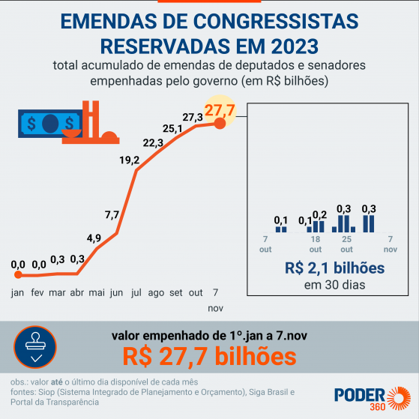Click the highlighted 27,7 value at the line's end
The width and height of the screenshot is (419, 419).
pyautogui.click(x=220, y=111)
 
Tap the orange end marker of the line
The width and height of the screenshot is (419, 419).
pyautogui.click(x=220, y=124)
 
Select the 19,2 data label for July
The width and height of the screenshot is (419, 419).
pyautogui.click(x=129, y=160)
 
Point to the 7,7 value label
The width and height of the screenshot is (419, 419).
pyautogui.click(x=112, y=215)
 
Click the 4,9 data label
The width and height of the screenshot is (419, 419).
pyautogui.click(x=94, y=238)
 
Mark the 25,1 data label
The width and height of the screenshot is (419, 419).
pyautogui.click(x=173, y=129)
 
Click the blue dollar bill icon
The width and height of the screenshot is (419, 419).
pyautogui.click(x=50, y=121)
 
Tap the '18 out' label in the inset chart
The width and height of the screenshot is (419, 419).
pyautogui.click(x=316, y=244)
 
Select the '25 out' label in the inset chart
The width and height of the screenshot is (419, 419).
pyautogui.click(x=346, y=244)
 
